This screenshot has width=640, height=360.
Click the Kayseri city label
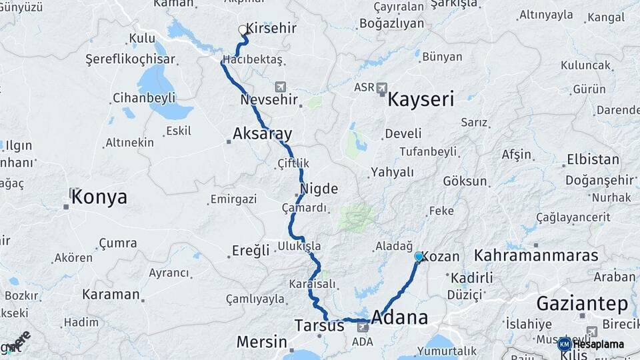(420, 101)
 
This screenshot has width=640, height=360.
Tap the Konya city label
(99, 197)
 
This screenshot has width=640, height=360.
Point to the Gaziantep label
(582, 304)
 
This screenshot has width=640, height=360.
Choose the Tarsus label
(319, 326)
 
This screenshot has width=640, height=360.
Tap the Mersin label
(261, 343)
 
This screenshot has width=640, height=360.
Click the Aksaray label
(262, 134)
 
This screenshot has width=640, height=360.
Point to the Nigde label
(319, 189)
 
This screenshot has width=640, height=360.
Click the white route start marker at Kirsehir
(243, 30)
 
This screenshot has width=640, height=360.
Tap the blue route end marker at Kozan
(419, 256)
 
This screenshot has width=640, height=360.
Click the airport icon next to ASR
(381, 87)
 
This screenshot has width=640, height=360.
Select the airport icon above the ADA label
(363, 327)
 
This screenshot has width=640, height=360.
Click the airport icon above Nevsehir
(279, 87)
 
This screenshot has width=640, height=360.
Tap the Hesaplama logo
(595, 344)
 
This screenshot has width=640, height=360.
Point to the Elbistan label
(592, 161)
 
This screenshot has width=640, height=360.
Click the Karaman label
(111, 294)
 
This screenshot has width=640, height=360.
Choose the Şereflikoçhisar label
(130, 59)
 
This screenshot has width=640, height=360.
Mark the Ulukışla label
(299, 246)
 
